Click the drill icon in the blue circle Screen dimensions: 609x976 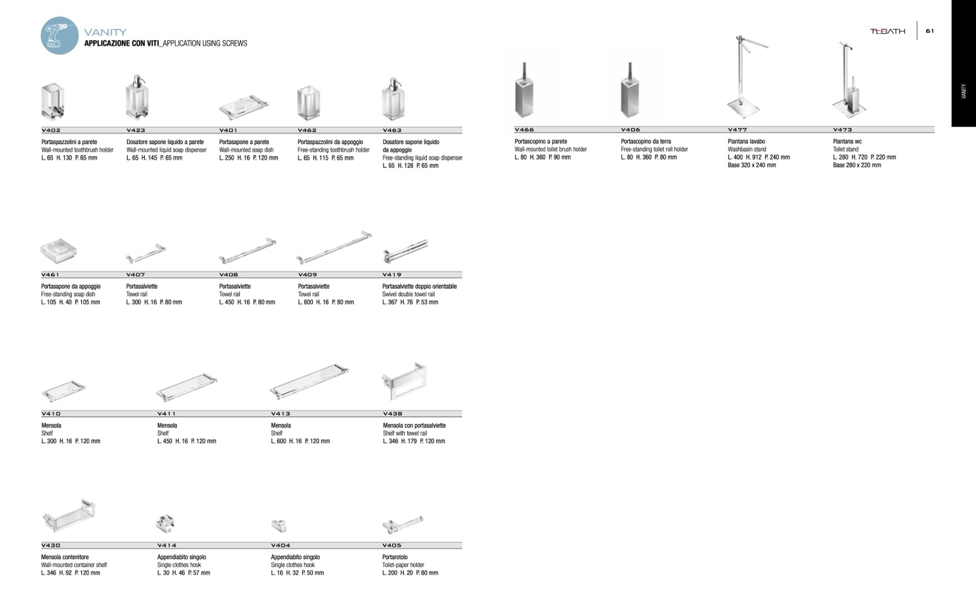[59, 35]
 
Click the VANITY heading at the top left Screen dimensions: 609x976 [105, 32]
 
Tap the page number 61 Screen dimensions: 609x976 [929, 31]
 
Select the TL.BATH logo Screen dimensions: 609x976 [887, 31]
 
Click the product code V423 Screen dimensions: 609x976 [136, 130]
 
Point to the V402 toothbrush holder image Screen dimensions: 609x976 [54, 101]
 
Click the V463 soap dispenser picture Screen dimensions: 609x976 [393, 99]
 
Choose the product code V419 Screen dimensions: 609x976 [392, 275]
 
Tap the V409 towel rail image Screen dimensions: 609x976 [334, 248]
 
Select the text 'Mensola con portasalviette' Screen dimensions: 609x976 [414, 425]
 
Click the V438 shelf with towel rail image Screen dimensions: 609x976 [404, 381]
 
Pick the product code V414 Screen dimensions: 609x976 [167, 545]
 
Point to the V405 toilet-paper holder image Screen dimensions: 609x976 [402, 524]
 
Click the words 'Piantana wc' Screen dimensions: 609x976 [847, 142]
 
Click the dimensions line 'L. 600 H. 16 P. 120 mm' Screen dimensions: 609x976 [300, 441]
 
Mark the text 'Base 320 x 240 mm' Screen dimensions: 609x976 [752, 165]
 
